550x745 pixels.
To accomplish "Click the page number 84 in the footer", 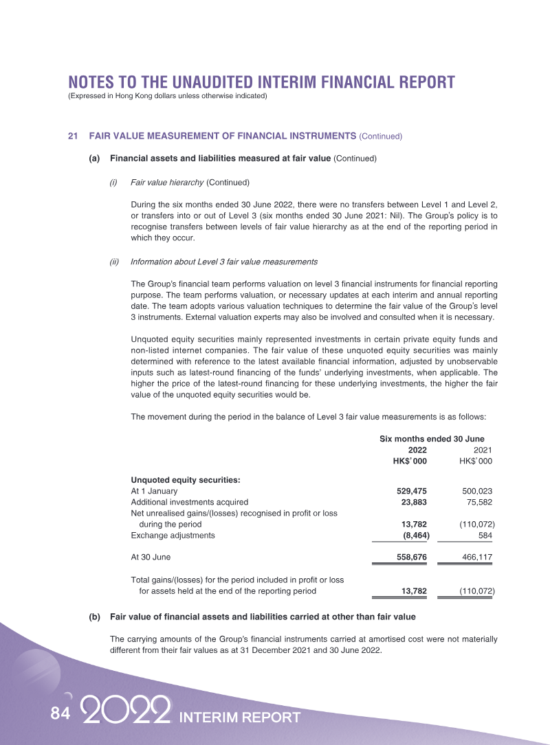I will [60, 714].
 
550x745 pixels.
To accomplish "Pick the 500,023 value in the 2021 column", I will [477, 492].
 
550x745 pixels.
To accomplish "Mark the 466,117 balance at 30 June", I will [477, 558].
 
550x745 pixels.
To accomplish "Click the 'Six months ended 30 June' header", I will [432, 439].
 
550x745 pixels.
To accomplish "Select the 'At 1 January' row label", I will [154, 492].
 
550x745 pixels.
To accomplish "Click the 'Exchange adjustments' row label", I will [173, 536].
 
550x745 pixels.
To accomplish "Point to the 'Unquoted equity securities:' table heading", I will [185, 480].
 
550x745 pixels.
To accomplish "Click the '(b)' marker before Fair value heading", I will [95, 617].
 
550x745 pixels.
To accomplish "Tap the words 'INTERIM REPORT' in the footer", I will [239, 718].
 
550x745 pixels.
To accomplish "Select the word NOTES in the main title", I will [97, 82].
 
